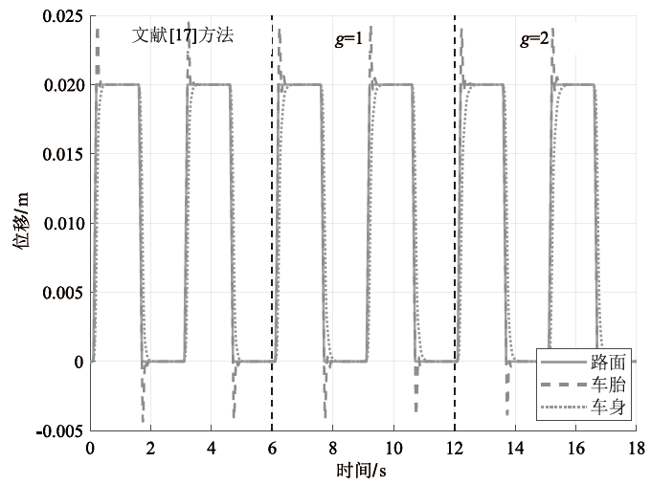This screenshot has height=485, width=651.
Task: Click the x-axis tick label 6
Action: (x=272, y=449)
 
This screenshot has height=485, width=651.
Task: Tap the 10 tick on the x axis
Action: (x=393, y=449)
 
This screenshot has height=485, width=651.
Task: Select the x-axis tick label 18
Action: (x=637, y=449)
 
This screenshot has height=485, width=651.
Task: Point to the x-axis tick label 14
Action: (x=515, y=449)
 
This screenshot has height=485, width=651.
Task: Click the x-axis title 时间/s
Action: (x=361, y=471)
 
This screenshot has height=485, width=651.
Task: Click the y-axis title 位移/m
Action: (x=20, y=219)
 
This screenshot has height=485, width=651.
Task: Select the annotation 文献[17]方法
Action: (x=183, y=35)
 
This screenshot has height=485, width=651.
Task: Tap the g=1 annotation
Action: (x=348, y=39)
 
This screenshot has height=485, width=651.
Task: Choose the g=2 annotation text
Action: (x=534, y=39)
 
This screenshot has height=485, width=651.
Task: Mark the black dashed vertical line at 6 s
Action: (x=272, y=224)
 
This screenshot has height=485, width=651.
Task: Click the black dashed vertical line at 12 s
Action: (x=454, y=224)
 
